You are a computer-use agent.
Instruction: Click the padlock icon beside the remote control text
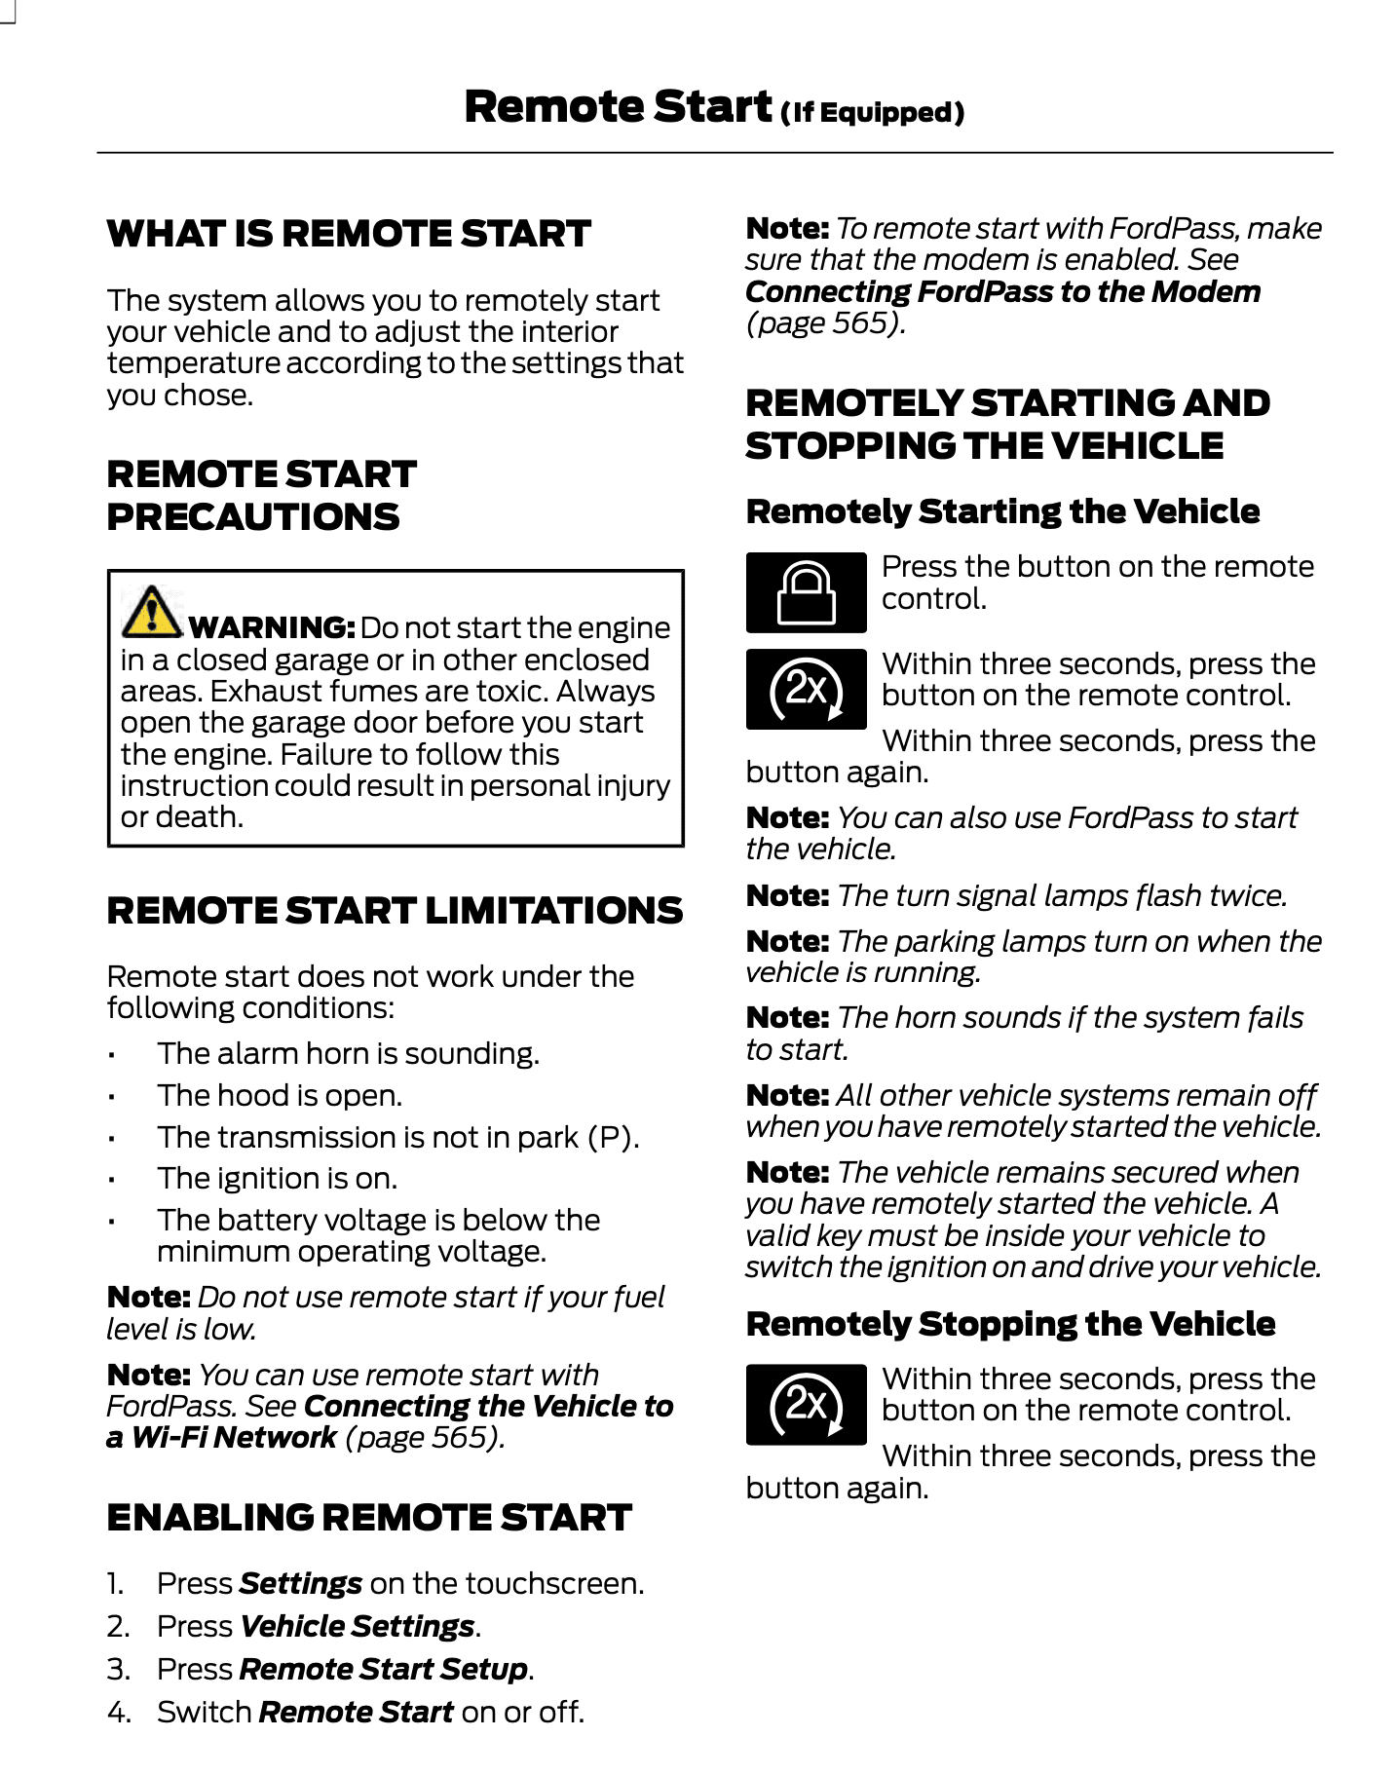tap(806, 592)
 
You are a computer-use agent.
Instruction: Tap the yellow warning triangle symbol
tap(151, 611)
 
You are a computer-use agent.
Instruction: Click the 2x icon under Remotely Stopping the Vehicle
tap(806, 1404)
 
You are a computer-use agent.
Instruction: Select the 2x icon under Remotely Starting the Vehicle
tap(806, 689)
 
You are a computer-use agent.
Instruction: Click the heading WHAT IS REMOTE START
tap(349, 234)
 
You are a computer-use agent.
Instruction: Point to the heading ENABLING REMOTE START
tap(369, 1517)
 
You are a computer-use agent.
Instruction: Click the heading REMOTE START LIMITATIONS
tap(395, 910)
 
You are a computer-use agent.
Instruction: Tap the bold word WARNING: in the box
tap(272, 627)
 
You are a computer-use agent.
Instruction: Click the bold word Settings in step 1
tap(301, 1583)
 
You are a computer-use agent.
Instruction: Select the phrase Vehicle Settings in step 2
tap(358, 1626)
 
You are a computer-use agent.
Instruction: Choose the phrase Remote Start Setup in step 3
tap(384, 1669)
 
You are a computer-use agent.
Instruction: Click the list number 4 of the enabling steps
tap(118, 1712)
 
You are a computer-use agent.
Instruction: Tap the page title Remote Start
tap(618, 106)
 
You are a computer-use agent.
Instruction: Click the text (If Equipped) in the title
tap(872, 113)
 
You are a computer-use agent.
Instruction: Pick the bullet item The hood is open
tap(280, 1095)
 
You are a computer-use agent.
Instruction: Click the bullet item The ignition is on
tap(278, 1178)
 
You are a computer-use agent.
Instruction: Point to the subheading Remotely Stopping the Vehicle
tap(1010, 1323)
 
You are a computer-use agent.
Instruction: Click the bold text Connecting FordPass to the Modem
tap(1002, 291)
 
